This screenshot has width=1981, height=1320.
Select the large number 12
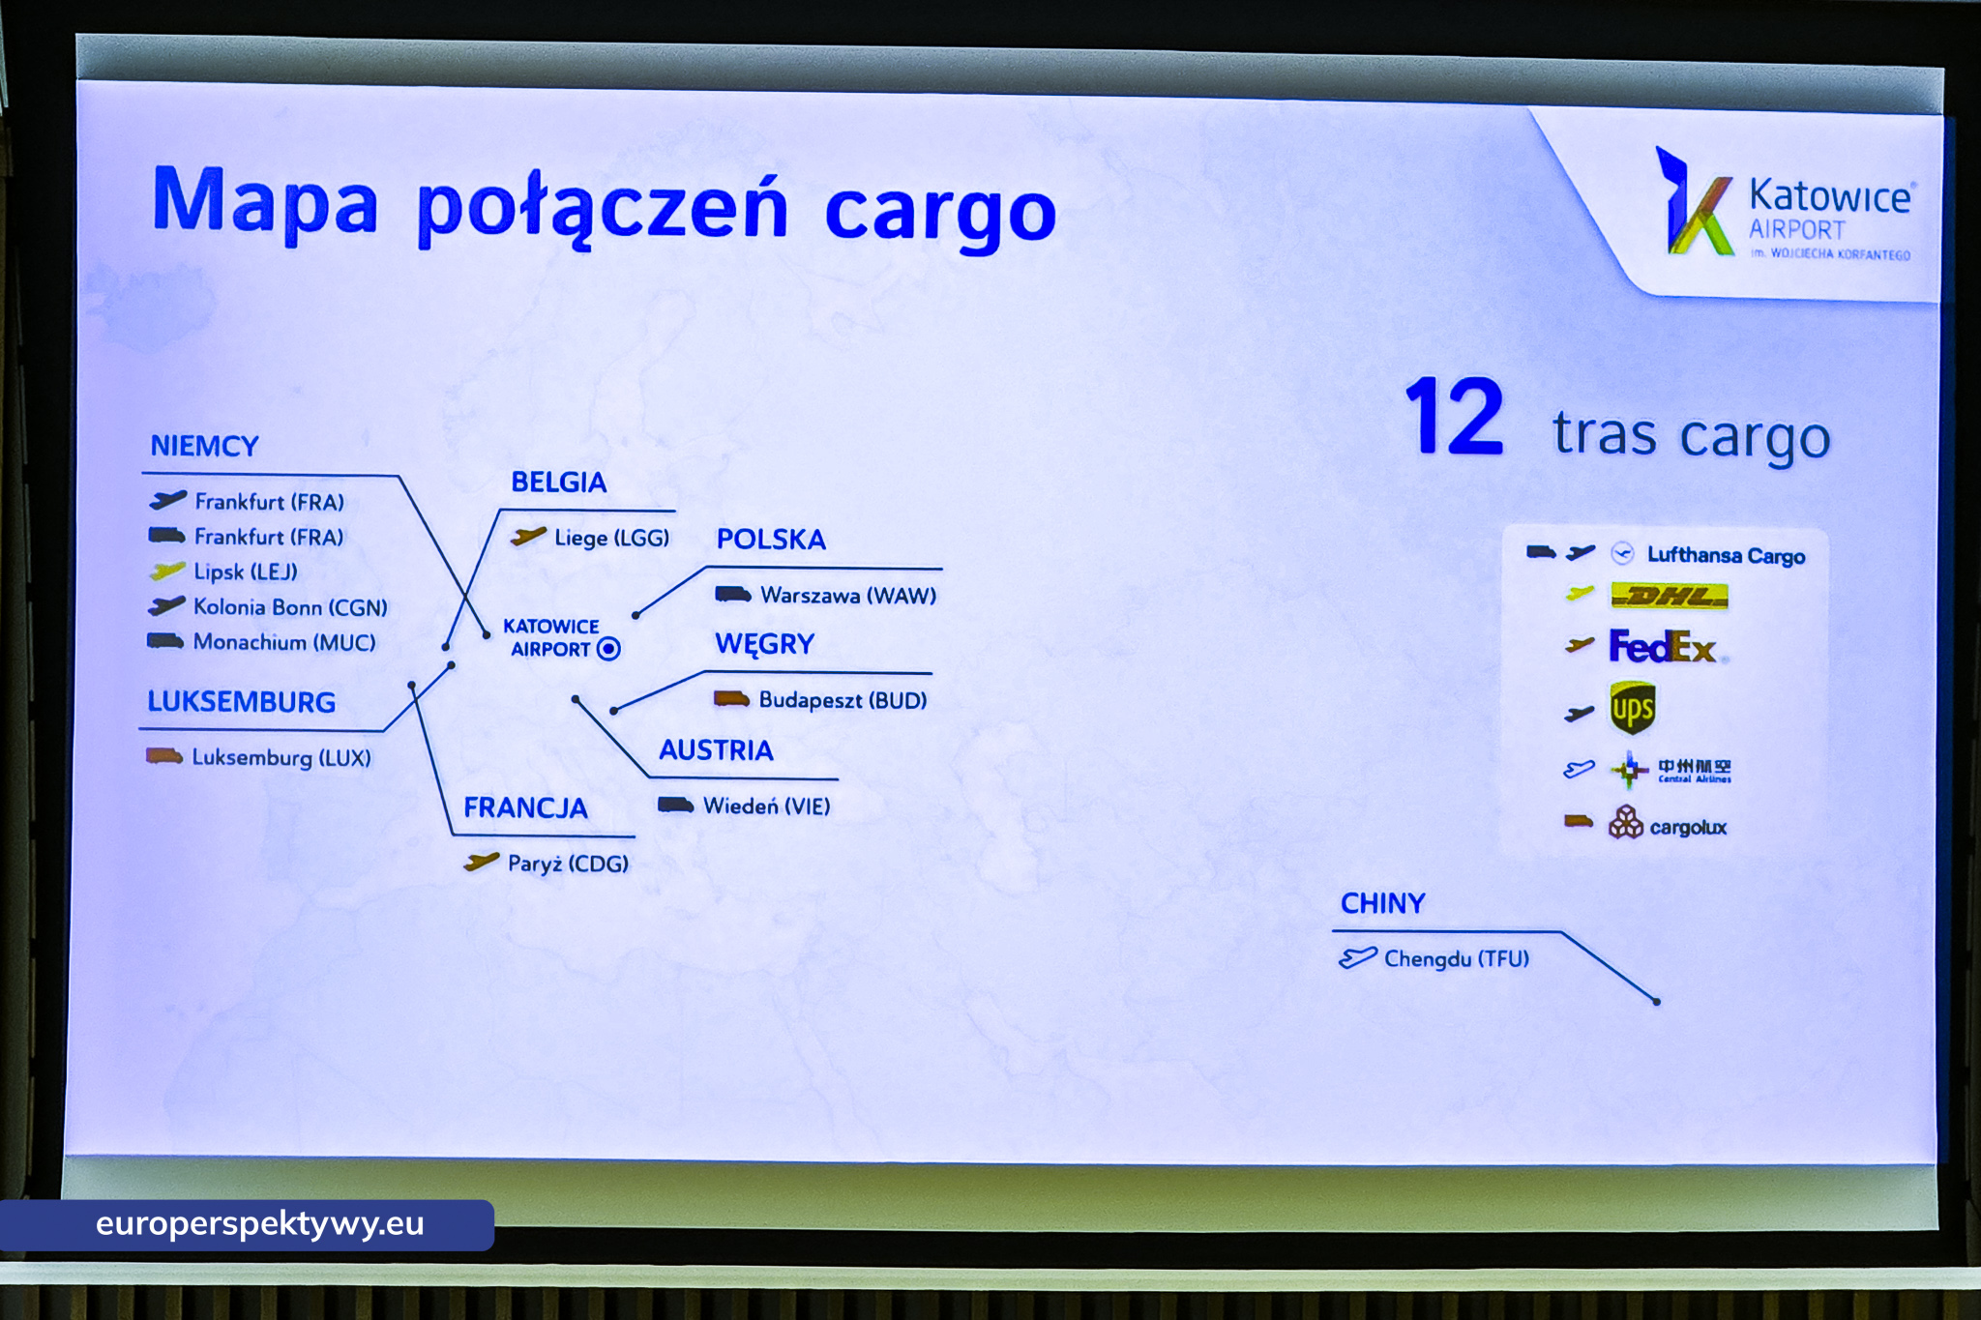coord(1454,418)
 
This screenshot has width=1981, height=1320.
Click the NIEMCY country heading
coord(204,446)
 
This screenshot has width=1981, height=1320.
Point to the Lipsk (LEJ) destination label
coord(246,572)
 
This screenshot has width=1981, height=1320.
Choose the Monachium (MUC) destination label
coord(284,642)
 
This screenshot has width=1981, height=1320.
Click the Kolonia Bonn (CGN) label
coord(290,607)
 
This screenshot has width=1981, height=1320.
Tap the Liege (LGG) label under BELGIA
coord(611,538)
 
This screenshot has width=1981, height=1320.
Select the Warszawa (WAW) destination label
coord(848,595)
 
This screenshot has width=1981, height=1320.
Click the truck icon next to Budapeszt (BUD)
coord(732,699)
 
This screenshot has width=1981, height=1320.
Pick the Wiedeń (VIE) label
coord(766,806)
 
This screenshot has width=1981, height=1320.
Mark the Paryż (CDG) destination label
coord(568,864)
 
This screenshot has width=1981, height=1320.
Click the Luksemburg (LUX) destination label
coord(281,757)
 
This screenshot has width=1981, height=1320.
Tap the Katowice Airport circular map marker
coord(608,649)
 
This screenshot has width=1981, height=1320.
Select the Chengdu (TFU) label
coord(1457,958)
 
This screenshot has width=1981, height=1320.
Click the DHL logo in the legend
coord(1669,596)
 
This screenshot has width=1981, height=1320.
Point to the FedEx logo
coord(1662,647)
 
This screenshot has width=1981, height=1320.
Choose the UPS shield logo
coord(1632,708)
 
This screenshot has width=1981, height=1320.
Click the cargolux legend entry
coord(1668,825)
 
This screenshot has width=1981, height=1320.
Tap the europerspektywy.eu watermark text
coord(259,1224)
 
